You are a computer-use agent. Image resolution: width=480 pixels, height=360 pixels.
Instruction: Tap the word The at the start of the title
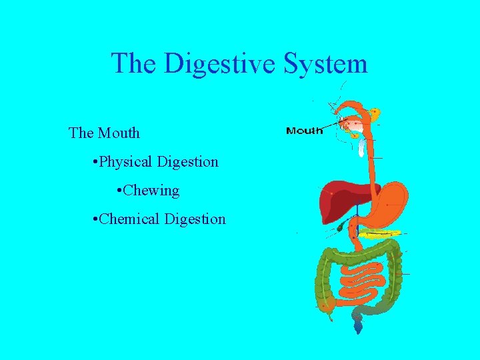point(135,64)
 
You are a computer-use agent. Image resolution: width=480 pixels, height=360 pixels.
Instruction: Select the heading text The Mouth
point(105,133)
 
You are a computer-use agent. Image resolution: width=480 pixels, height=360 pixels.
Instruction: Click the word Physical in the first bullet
point(127,161)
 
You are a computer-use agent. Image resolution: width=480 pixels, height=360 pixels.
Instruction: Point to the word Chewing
point(152,191)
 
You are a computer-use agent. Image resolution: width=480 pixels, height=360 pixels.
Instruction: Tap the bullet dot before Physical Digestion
point(97,162)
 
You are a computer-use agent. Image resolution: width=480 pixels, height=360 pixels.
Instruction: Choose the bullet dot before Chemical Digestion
point(97,219)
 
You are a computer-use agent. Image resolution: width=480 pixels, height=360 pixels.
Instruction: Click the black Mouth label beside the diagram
point(304,131)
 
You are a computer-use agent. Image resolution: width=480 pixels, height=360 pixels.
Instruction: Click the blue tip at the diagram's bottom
point(359,327)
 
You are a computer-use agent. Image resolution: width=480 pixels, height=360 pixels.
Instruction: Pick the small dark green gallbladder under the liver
point(341,227)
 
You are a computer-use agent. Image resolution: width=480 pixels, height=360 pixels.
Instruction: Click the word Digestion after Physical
point(187,161)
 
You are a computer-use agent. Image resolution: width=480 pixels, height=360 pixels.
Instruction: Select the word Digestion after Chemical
point(195,219)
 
